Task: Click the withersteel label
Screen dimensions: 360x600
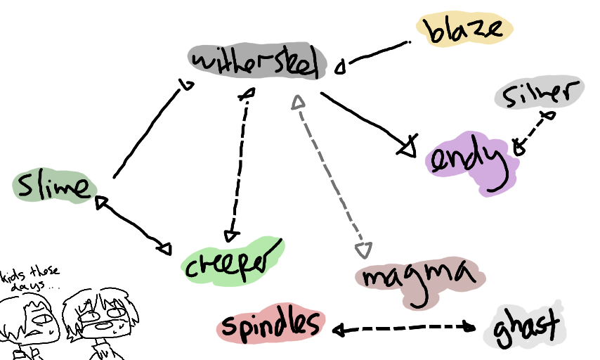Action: pyautogui.click(x=257, y=63)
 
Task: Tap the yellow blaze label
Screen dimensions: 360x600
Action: pyautogui.click(x=465, y=30)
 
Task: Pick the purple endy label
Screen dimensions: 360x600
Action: pyautogui.click(x=470, y=162)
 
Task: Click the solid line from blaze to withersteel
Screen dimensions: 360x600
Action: pyautogui.click(x=376, y=56)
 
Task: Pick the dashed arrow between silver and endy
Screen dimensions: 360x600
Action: pyautogui.click(x=534, y=131)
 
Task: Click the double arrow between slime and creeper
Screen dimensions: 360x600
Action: pyautogui.click(x=133, y=224)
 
